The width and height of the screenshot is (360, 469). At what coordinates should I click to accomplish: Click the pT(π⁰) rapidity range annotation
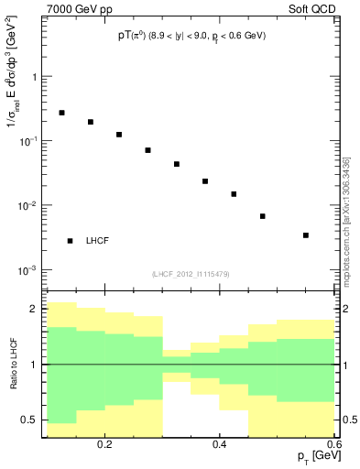(191, 39)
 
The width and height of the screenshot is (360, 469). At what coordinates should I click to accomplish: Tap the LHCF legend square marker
(70, 241)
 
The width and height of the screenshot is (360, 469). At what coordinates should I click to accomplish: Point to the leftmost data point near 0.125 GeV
(61, 113)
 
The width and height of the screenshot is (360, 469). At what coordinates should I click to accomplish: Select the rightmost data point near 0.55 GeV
(306, 235)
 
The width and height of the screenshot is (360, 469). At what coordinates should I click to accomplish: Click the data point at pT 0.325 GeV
(177, 164)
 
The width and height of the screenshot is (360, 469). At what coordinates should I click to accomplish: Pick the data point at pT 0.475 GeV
(263, 216)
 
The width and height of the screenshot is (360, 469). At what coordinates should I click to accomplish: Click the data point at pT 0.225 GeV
(119, 135)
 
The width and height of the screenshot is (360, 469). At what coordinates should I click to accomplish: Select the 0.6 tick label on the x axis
(334, 444)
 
